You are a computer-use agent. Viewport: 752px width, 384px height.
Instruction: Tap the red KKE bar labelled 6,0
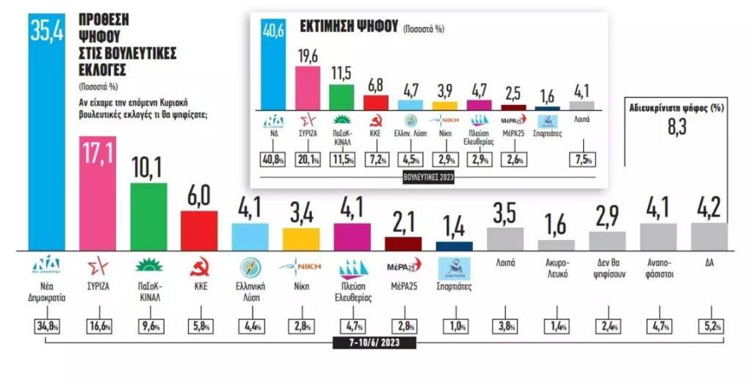point(199,231)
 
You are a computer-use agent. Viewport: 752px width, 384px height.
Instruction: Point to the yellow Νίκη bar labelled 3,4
point(301,239)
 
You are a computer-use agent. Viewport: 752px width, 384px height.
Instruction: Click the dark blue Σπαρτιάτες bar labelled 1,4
point(455,246)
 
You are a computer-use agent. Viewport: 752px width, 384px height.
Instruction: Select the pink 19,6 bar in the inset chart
point(307,87)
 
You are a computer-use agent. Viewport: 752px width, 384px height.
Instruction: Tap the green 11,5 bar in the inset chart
point(341,97)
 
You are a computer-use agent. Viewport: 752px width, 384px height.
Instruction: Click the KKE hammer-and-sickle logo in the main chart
point(199,266)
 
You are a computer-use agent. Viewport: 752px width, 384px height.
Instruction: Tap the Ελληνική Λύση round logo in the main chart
point(250,265)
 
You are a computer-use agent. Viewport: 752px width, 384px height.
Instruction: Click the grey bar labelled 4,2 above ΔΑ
point(710,237)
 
